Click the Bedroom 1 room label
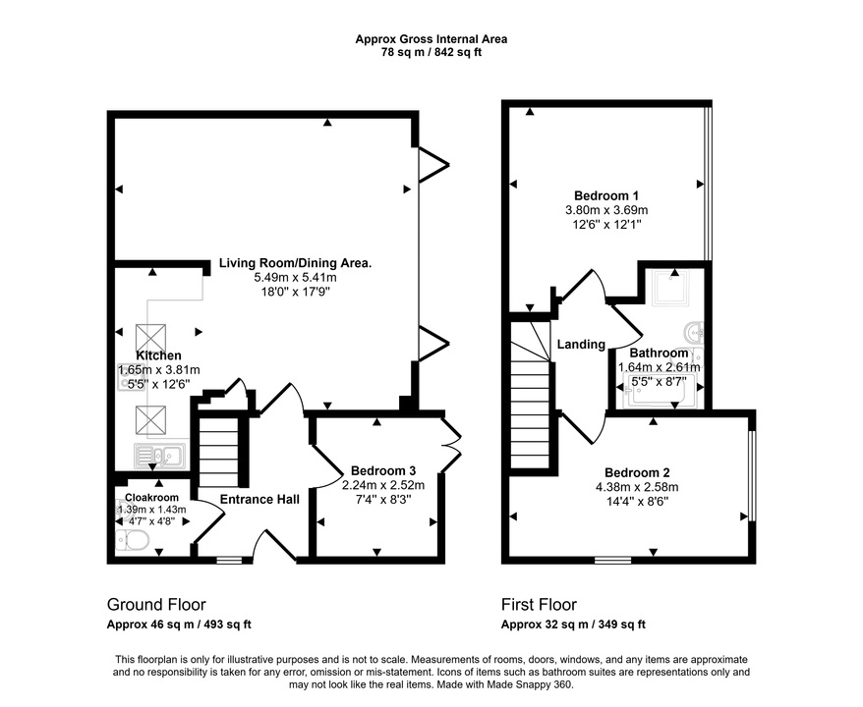point(606,194)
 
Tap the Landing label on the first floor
point(581,345)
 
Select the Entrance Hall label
point(259,500)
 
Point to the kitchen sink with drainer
point(160,455)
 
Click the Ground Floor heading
point(156,605)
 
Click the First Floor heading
point(539,605)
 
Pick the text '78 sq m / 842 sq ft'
point(431,52)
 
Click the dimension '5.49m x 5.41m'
point(295,278)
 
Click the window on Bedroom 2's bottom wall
point(612,561)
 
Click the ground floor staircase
point(219,451)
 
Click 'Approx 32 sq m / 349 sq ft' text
point(573,625)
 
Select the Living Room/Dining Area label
point(295,263)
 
